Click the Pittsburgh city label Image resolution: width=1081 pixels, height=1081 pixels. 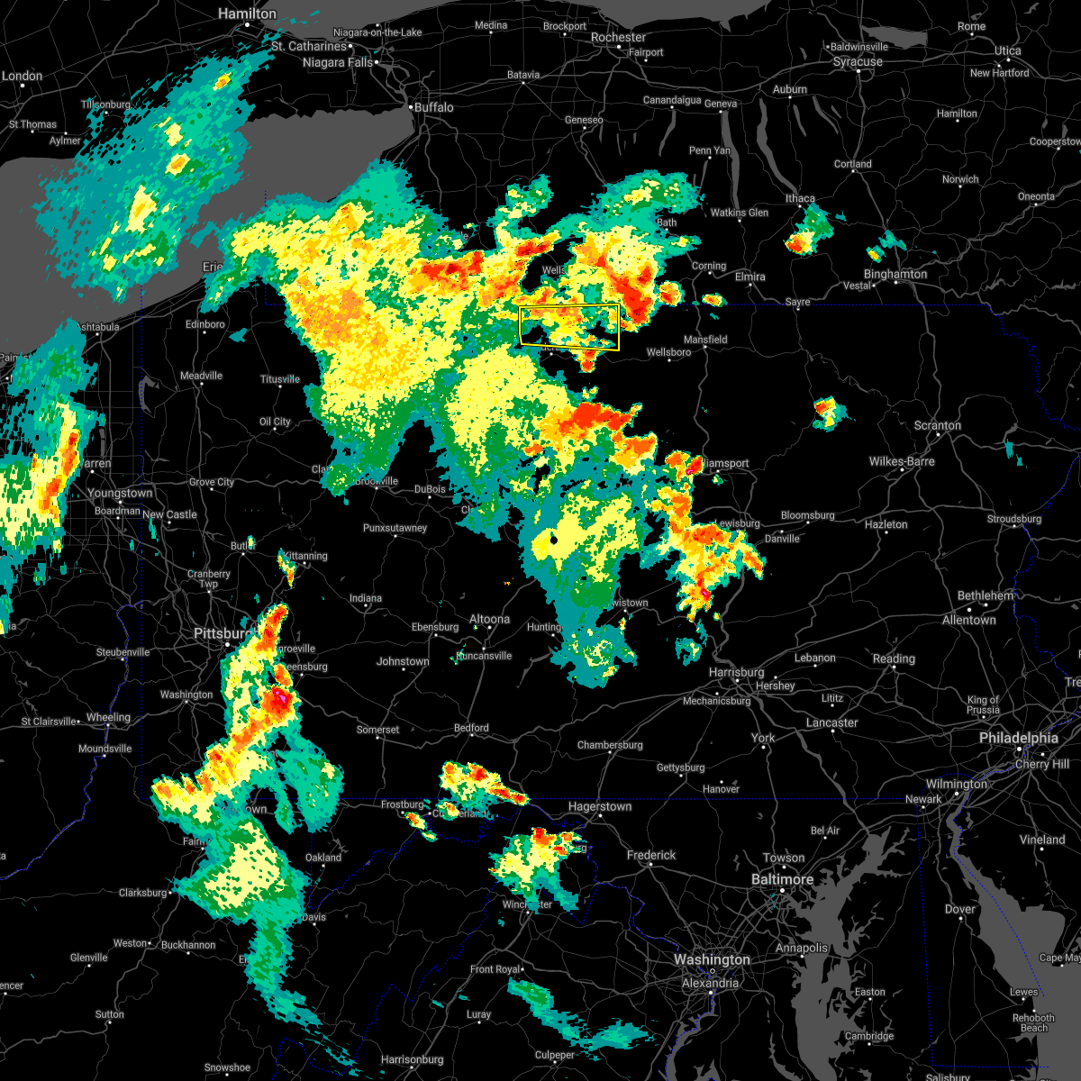tap(220, 634)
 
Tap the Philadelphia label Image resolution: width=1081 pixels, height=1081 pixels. tap(1018, 738)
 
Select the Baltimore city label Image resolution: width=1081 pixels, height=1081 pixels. tap(782, 879)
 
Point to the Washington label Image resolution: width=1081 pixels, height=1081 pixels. tap(712, 960)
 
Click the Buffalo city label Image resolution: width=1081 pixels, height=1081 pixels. tap(434, 107)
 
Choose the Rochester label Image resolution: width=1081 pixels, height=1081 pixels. tap(618, 38)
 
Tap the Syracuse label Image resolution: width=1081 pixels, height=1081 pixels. tap(858, 62)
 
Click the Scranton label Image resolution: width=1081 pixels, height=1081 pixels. tap(938, 425)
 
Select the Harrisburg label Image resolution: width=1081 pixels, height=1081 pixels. tap(736, 672)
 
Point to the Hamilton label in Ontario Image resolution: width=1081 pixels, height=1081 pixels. tap(248, 14)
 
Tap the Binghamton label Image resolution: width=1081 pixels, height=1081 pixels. tap(895, 274)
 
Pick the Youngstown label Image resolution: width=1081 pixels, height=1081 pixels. tap(120, 493)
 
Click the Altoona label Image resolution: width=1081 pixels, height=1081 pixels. tap(489, 619)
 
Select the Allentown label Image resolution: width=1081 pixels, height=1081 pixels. tap(969, 620)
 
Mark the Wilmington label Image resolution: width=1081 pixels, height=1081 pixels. tap(957, 784)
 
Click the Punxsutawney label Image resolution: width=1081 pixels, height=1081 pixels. tap(395, 528)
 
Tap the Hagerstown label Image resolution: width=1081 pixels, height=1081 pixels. tap(599, 807)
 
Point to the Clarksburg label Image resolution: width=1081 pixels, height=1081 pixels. tap(142, 893)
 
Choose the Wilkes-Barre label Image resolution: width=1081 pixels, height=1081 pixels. tap(902, 461)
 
